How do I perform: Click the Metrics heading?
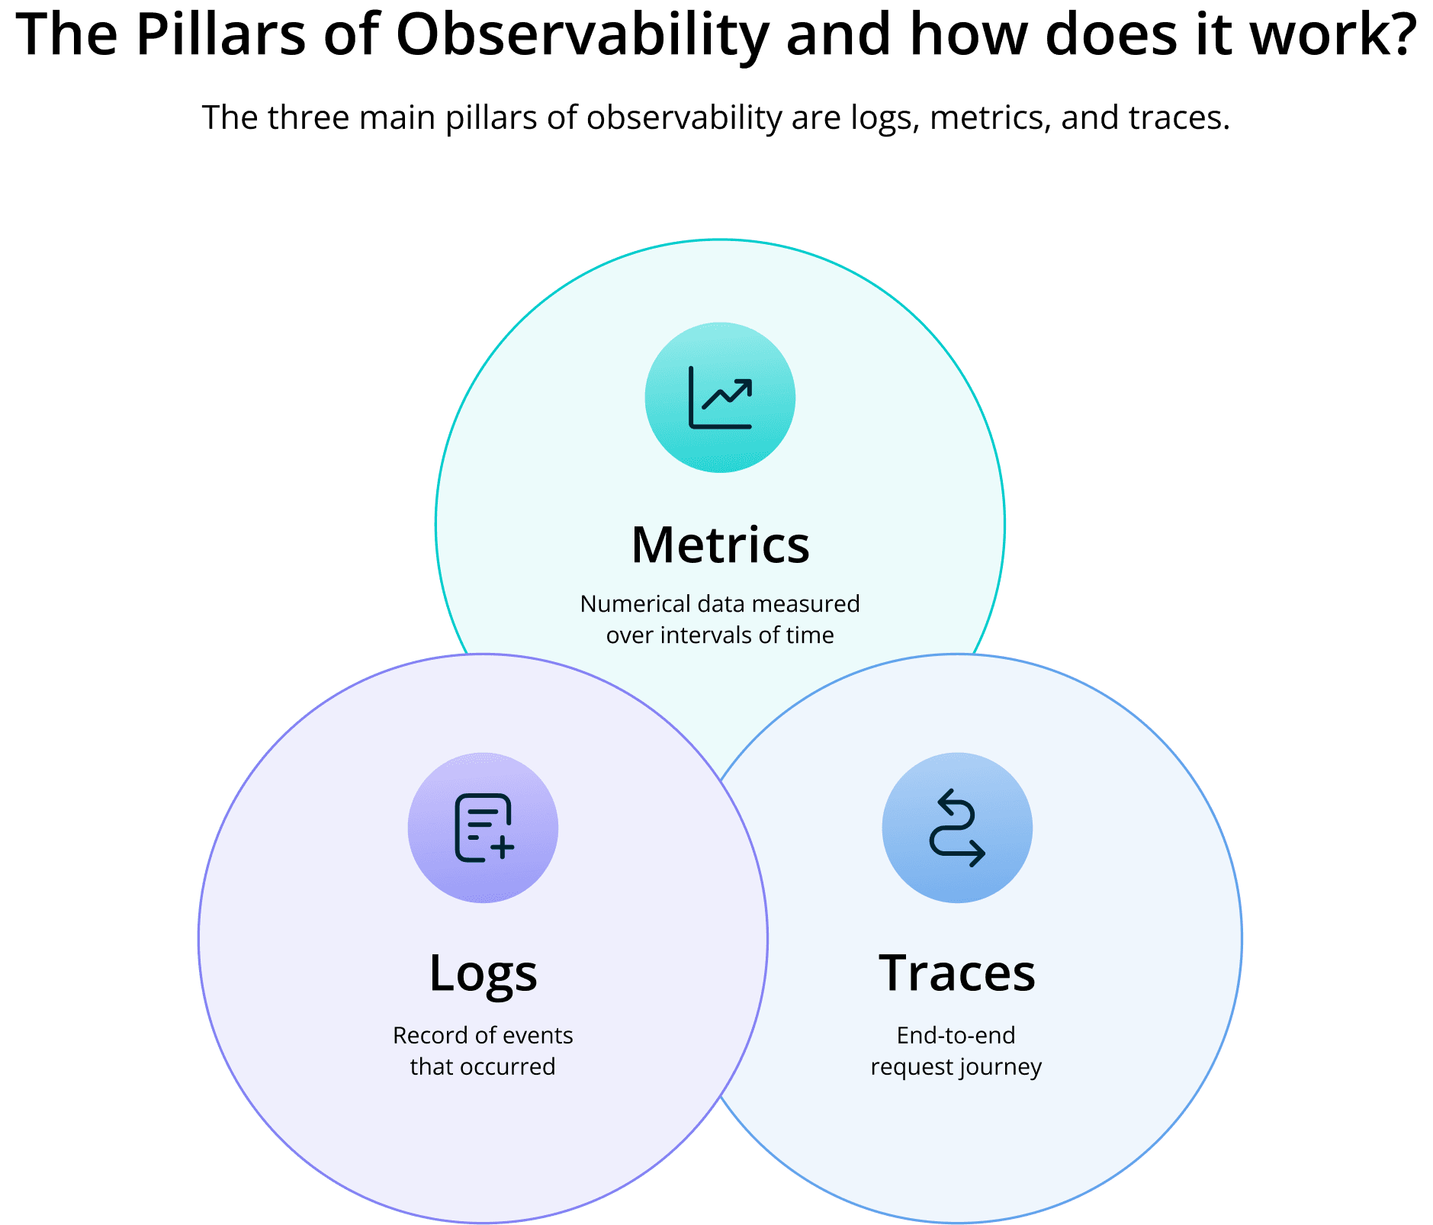coord(720,545)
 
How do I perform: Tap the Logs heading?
coord(483,974)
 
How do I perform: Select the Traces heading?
coord(956,974)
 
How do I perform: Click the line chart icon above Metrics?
coord(720,397)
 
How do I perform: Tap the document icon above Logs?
coord(484,828)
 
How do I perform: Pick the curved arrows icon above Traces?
coord(957,828)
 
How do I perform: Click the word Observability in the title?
coord(582,37)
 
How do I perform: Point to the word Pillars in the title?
coord(220,37)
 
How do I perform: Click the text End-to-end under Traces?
coord(956,1036)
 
